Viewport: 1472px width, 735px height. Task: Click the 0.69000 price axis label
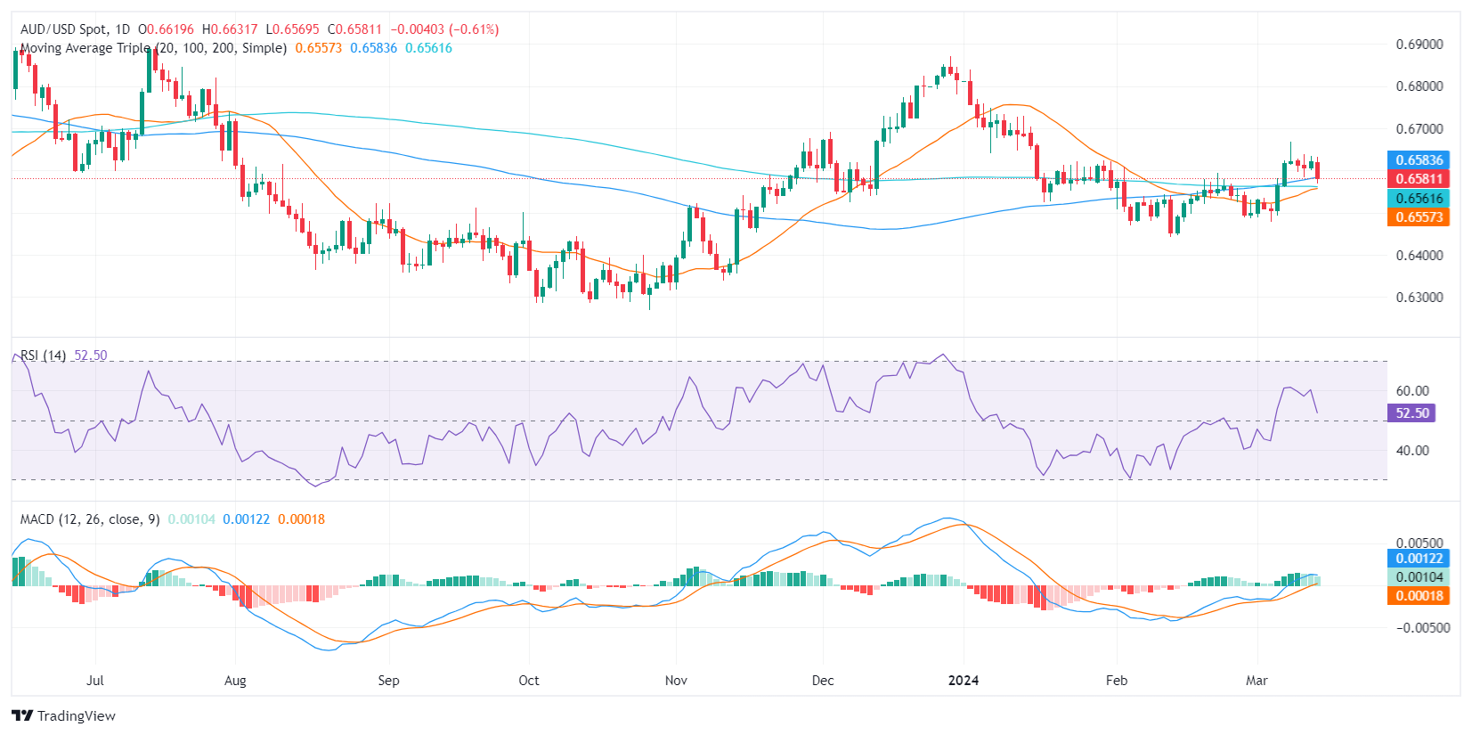[1419, 45]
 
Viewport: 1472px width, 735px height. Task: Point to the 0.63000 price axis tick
[1419, 298]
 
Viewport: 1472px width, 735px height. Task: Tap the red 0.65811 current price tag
[1419, 179]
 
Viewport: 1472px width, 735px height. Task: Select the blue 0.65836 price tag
[1419, 160]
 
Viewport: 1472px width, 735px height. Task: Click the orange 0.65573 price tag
[1419, 217]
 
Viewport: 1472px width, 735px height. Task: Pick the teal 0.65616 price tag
[1419, 199]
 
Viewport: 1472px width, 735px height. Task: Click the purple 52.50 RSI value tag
[1411, 413]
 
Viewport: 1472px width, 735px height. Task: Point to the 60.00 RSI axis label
[1412, 391]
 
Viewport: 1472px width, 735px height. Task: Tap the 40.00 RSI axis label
[1412, 451]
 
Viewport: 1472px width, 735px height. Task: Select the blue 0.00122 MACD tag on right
[1419, 559]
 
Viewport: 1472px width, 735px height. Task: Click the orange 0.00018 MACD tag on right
[1419, 596]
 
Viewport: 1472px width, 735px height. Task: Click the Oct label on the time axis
[529, 681]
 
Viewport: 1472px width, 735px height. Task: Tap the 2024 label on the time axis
[964, 681]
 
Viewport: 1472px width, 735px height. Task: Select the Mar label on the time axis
[1256, 681]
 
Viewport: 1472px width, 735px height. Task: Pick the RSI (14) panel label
[43, 355]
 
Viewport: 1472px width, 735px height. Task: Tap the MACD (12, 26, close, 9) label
[90, 519]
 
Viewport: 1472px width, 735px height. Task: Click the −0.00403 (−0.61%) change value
[444, 29]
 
